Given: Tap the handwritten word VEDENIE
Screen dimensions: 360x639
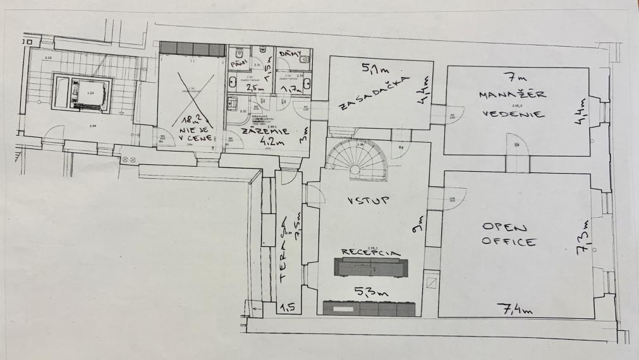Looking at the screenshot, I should (513, 114).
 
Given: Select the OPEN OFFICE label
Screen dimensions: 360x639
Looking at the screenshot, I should (509, 234).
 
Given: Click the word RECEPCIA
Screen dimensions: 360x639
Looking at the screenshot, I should (371, 252).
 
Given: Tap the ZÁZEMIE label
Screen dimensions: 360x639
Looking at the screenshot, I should (260, 131).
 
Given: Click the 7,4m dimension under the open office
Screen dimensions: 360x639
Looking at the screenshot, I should (516, 309).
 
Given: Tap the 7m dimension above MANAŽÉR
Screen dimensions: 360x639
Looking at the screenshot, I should (511, 78).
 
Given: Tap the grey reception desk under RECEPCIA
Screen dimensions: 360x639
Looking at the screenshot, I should (371, 268).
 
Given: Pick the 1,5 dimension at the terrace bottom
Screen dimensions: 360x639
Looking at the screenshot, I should (288, 307).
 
